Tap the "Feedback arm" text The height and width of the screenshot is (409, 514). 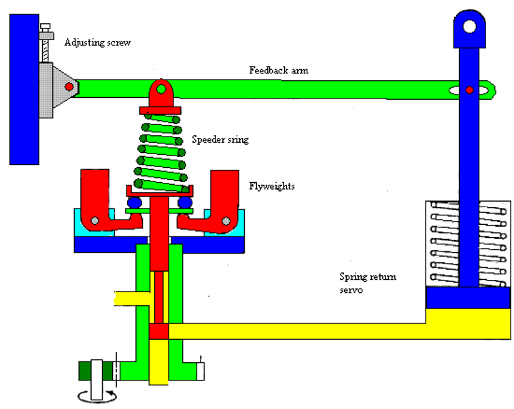pos(278,70)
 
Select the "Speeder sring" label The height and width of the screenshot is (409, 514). pos(220,140)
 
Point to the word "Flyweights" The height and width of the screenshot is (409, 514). pos(271,185)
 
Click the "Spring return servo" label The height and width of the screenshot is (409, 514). pos(368,283)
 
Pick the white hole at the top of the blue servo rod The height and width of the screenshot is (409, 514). pos(469,27)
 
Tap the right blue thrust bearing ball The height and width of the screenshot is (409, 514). pos(184,202)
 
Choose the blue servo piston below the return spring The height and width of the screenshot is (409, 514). pos(468,297)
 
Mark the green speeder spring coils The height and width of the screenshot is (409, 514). pos(160,150)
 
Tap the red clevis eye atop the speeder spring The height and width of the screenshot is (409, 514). pos(160,90)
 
